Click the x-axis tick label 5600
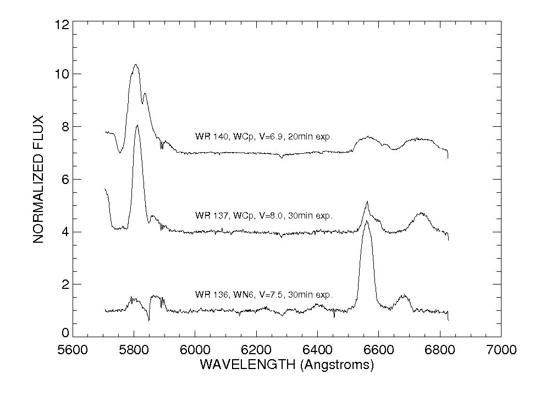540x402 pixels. pos(73,350)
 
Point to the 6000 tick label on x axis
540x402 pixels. pos(195,350)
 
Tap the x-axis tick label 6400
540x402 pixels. pos(317,350)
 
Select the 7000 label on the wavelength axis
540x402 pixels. pos(500,350)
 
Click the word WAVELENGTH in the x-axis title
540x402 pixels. pos(239,365)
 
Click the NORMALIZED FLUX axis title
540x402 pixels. pos(38,178)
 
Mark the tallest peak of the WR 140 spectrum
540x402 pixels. pos(135,65)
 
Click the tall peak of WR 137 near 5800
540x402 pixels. pos(137,125)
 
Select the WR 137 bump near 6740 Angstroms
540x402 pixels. pos(421,213)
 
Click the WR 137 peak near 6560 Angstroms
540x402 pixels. pos(367,202)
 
